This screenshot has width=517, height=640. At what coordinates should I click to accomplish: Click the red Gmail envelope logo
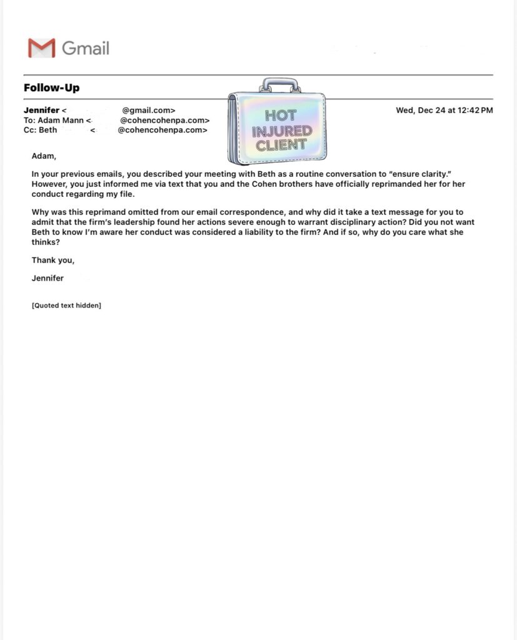41,48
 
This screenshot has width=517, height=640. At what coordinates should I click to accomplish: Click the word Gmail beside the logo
86,48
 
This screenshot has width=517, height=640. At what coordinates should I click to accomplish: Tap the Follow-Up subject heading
51,87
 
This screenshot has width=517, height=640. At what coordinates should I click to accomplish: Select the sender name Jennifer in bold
41,111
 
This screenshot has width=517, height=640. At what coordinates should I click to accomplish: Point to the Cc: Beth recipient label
40,130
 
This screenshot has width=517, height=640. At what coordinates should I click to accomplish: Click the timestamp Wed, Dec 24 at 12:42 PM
444,111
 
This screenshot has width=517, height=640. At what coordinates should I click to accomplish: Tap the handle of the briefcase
281,84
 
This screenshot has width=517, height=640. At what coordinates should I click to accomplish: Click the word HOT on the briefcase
281,116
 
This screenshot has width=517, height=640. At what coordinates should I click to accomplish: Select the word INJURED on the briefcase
282,131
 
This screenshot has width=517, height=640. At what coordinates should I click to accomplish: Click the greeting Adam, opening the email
44,156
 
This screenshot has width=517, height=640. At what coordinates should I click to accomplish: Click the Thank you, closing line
53,261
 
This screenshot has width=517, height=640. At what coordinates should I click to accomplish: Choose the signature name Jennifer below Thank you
48,278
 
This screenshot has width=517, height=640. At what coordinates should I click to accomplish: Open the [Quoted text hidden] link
66,306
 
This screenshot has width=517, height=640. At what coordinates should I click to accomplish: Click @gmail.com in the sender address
149,111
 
